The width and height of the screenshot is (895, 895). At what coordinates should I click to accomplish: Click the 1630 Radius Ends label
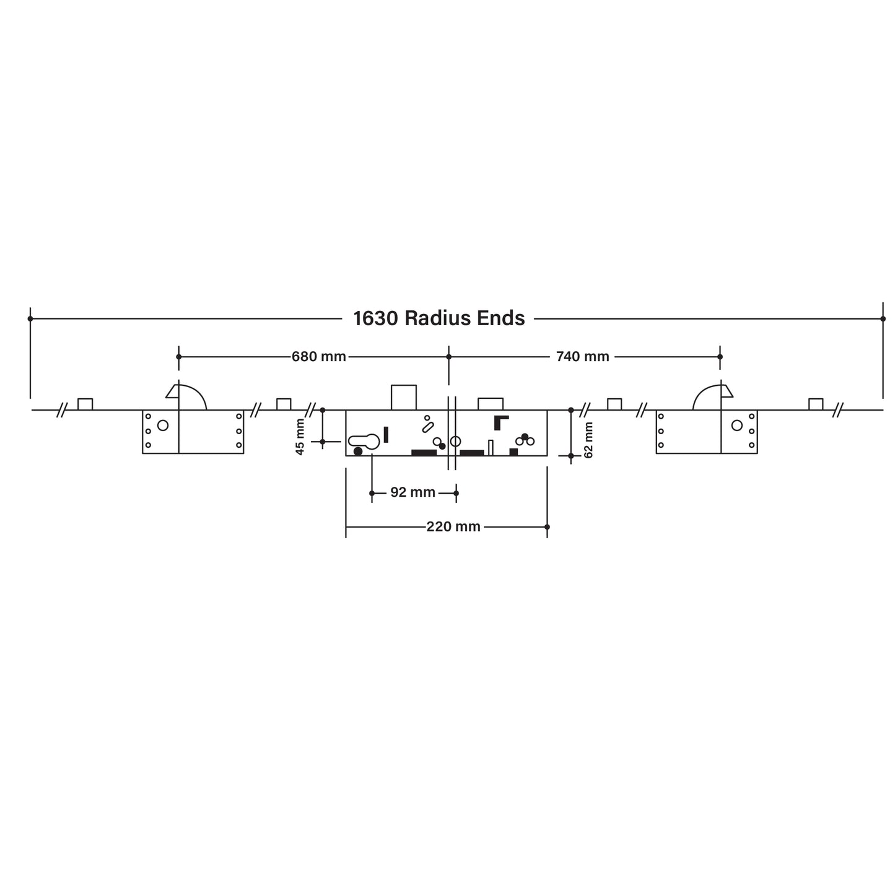tap(439, 318)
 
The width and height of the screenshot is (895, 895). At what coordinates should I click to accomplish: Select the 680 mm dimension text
tap(318, 357)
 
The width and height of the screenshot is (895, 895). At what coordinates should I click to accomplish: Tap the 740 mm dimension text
tap(582, 357)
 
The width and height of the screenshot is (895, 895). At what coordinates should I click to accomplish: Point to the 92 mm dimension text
tap(413, 493)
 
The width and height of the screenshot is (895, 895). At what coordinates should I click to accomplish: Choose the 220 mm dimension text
tap(453, 527)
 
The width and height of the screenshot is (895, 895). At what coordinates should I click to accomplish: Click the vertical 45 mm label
tap(300, 437)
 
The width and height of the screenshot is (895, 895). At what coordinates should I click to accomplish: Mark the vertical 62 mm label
tap(589, 440)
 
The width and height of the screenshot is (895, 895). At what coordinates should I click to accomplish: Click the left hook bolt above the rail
tap(187, 397)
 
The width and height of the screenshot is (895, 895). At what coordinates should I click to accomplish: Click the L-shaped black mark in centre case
tap(500, 422)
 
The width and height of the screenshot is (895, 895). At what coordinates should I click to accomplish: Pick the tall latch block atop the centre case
tap(403, 397)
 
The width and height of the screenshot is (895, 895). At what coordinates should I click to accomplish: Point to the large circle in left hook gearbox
tap(163, 426)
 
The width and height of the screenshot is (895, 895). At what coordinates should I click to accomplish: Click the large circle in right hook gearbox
tap(736, 426)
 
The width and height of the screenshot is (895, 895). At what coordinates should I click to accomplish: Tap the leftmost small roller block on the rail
tap(85, 404)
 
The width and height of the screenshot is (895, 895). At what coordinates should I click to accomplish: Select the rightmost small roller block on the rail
tap(816, 404)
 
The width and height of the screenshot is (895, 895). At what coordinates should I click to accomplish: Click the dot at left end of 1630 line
tap(30, 318)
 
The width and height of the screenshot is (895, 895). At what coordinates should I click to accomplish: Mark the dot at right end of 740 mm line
tap(720, 357)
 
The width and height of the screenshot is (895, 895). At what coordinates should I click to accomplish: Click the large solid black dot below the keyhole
tap(358, 451)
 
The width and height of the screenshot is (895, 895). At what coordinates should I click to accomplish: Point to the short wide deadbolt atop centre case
tap(490, 403)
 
